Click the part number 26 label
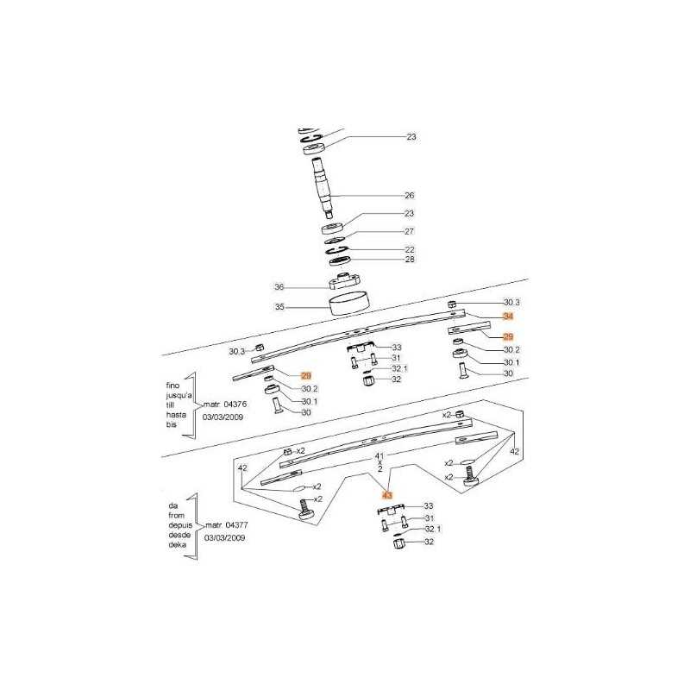click(x=409, y=196)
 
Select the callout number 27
click(x=409, y=231)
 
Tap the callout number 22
click(x=410, y=249)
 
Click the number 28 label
click(x=410, y=259)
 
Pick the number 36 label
click(x=279, y=287)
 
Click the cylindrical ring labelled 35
click(x=349, y=303)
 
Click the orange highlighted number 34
click(x=508, y=317)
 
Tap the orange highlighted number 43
click(x=387, y=495)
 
